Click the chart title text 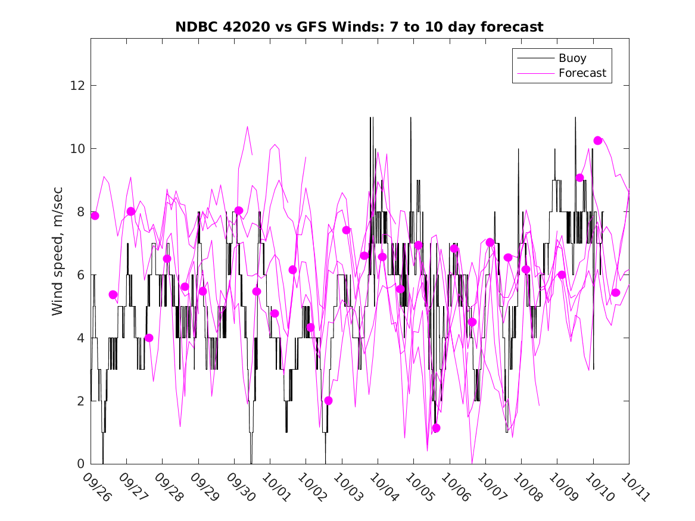(359, 27)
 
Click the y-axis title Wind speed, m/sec (58, 251)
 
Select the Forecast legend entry (582, 73)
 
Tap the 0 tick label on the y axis (79, 464)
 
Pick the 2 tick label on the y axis (79, 401)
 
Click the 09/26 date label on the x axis (96, 487)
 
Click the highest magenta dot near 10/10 (598, 141)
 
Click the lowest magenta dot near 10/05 (436, 428)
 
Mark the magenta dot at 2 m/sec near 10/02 (328, 401)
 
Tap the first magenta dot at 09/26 (95, 216)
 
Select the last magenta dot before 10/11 (616, 292)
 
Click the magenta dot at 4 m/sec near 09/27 (149, 338)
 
